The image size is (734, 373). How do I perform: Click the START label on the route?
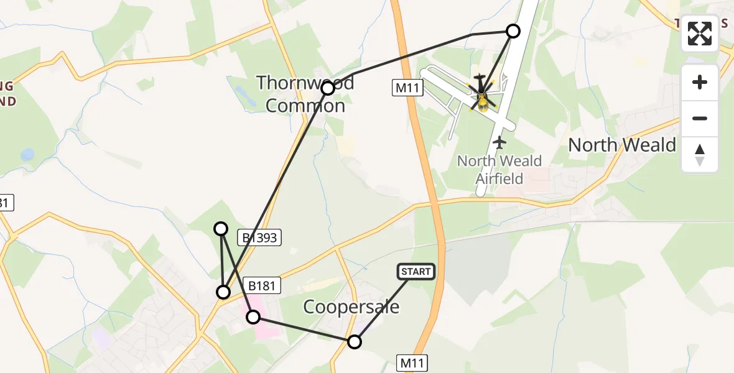pos(416,272)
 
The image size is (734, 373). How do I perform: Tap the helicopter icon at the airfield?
pos(481,94)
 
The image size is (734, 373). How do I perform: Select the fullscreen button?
pos(700,34)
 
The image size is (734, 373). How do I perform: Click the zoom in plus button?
pos(700,82)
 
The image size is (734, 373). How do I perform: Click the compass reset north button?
pos(700,155)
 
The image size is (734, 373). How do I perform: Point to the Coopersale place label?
pos(351,306)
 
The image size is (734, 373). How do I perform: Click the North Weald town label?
pos(622,145)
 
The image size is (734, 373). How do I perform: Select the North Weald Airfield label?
pos(499,170)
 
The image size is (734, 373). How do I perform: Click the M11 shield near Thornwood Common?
pos(409,88)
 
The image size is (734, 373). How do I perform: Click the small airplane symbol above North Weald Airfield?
pos(499,142)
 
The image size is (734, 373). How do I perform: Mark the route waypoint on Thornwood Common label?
pos(328,88)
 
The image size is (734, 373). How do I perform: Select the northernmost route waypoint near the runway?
pos(513,31)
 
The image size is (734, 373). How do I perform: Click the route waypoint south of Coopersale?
pos(354,341)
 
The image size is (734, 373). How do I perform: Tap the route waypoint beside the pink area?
pos(253,317)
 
